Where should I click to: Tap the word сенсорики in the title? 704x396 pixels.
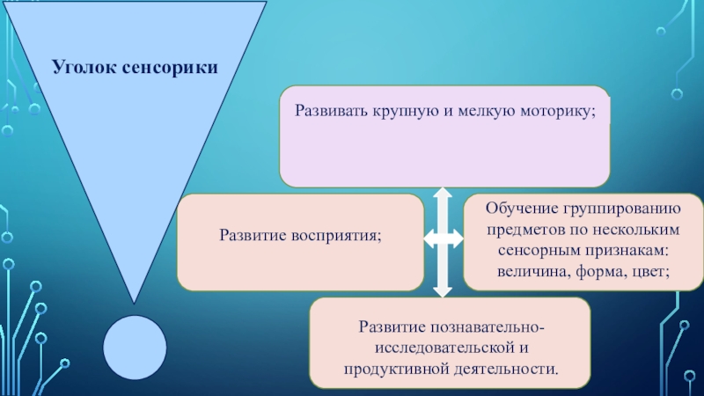[167, 67]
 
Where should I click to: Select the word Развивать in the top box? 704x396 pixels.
[331, 112]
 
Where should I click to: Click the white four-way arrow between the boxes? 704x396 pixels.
[443, 238]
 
